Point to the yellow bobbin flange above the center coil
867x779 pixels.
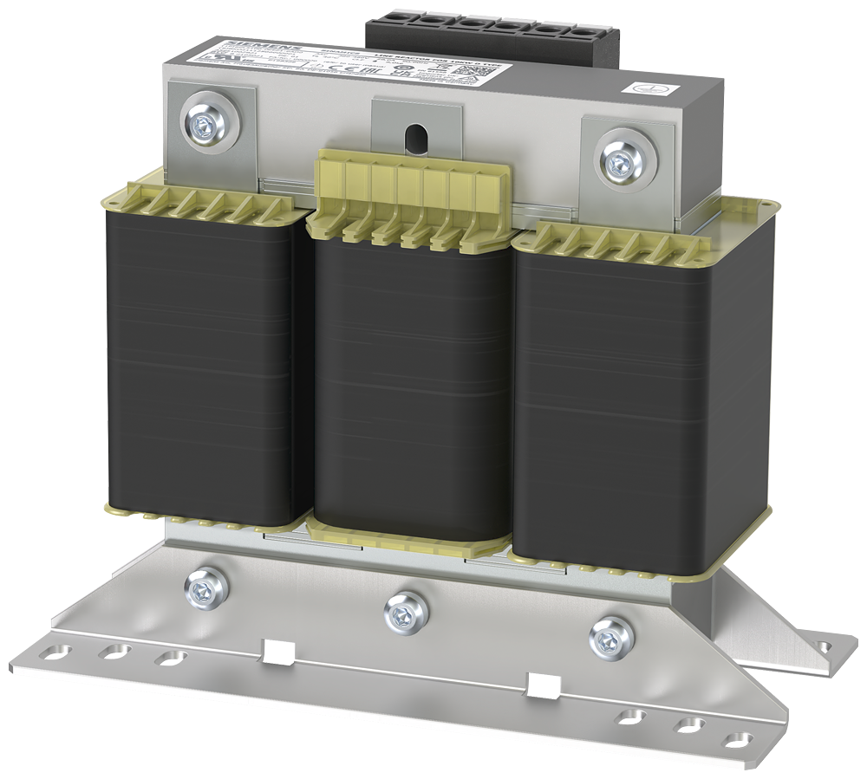[x=407, y=199]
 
